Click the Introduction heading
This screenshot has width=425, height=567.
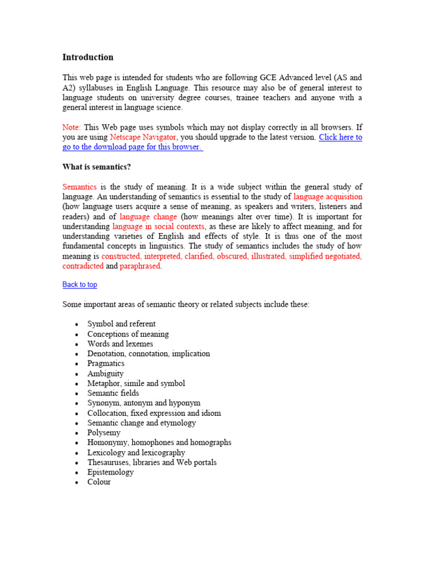pos(87,57)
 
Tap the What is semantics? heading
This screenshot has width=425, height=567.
pos(96,167)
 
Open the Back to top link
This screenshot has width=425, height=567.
pos(80,285)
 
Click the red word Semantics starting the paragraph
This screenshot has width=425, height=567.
pos(80,187)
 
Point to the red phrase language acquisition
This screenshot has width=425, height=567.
pos(328,197)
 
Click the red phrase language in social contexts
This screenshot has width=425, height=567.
pos(158,227)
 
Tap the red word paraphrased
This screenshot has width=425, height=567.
pos(141,266)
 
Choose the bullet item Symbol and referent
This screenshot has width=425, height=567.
pos(121,324)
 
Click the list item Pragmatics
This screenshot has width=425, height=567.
pos(106,364)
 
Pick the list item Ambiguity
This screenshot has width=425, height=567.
pos(105,374)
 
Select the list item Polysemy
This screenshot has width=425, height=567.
pos(103,433)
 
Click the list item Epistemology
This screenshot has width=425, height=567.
pos(110,472)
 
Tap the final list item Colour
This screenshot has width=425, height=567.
pos(99,482)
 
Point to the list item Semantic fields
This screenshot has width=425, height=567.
pos(113,393)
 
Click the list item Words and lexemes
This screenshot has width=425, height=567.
pos(120,344)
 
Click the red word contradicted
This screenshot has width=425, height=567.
pos(83,266)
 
